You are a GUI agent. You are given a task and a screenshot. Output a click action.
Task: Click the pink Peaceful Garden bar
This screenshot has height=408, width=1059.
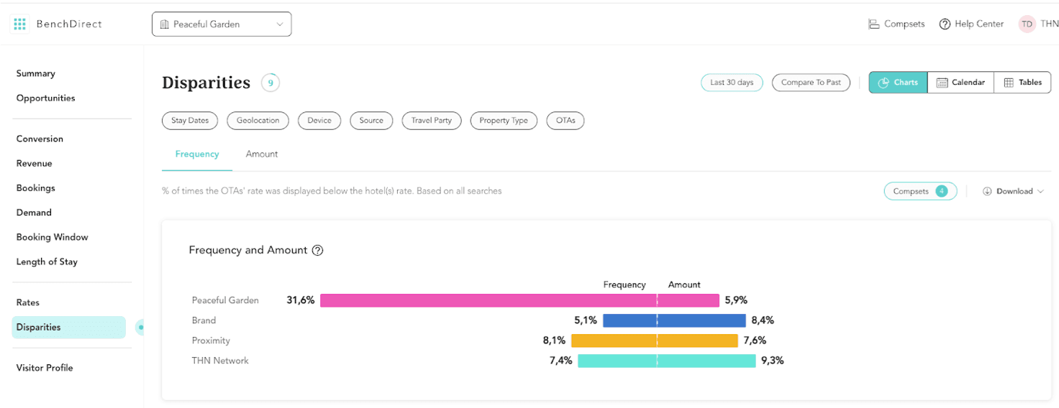pyautogui.click(x=519, y=300)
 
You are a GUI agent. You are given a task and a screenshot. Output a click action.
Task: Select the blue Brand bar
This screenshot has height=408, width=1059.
pyautogui.click(x=674, y=320)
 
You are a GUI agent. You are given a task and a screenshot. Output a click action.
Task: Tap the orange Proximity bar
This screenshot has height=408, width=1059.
pyautogui.click(x=654, y=340)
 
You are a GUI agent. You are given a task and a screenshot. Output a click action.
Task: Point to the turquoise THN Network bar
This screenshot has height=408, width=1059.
pyautogui.click(x=666, y=361)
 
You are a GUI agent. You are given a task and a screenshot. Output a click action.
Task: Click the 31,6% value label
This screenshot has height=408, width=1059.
pyautogui.click(x=301, y=300)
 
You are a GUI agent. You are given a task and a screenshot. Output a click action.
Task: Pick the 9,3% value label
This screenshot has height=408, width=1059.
pyautogui.click(x=772, y=361)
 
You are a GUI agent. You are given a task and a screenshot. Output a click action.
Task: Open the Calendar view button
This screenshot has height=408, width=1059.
pyautogui.click(x=960, y=83)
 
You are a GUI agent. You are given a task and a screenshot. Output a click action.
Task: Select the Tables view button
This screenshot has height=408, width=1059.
pyautogui.click(x=1022, y=83)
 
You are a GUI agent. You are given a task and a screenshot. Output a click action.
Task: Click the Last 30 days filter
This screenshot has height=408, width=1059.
pyautogui.click(x=732, y=83)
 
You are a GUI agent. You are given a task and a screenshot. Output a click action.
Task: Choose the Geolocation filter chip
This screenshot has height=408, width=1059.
pyautogui.click(x=258, y=121)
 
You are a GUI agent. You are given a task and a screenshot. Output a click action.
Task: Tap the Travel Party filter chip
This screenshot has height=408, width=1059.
pyautogui.click(x=432, y=121)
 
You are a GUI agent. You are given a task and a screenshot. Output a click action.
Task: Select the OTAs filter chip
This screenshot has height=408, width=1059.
pyautogui.click(x=565, y=121)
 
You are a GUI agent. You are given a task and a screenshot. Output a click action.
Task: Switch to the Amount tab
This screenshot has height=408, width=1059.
pyautogui.click(x=262, y=154)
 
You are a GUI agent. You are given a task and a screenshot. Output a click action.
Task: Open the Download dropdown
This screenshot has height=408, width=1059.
pyautogui.click(x=1013, y=191)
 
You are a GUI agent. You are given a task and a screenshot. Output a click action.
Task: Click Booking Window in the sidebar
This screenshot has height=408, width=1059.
pyautogui.click(x=52, y=237)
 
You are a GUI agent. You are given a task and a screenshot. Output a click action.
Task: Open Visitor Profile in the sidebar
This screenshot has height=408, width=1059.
pyautogui.click(x=45, y=368)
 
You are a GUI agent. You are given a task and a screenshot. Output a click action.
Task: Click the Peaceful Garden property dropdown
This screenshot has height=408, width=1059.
pyautogui.click(x=222, y=24)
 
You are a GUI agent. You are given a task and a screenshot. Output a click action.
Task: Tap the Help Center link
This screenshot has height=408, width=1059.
pyautogui.click(x=971, y=24)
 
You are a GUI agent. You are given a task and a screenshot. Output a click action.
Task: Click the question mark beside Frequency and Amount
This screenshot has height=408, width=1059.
pyautogui.click(x=317, y=251)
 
